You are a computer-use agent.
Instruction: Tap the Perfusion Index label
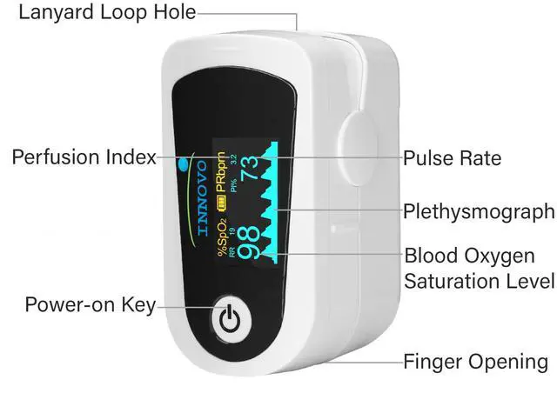point(84,157)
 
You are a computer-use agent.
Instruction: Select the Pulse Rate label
point(452,158)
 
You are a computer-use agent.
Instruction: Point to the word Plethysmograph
point(478,211)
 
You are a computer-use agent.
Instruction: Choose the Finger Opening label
point(475,361)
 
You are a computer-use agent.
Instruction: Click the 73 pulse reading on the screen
point(249,165)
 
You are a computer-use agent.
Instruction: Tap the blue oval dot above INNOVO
point(183,161)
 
